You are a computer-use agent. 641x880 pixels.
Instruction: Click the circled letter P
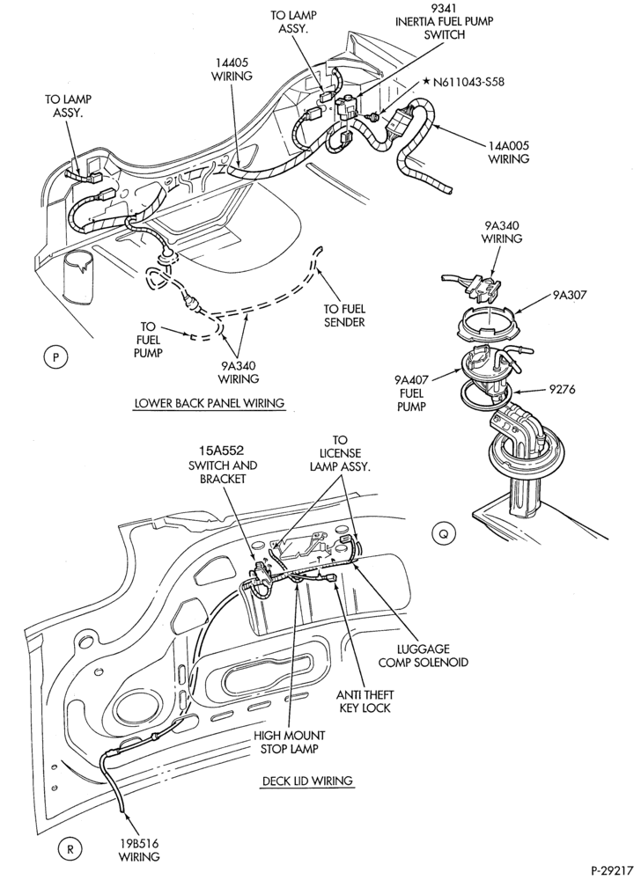pyautogui.click(x=55, y=357)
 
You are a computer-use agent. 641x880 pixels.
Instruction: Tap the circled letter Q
pyautogui.click(x=443, y=534)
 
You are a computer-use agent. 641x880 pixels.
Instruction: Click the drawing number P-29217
pyautogui.click(x=612, y=870)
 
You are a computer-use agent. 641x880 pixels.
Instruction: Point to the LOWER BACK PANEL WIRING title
pyautogui.click(x=210, y=403)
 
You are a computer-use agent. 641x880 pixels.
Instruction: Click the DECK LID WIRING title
pyautogui.click(x=307, y=780)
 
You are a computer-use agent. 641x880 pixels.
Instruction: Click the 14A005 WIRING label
pyautogui.click(x=508, y=152)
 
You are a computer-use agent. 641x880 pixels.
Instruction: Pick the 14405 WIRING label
pyautogui.click(x=232, y=69)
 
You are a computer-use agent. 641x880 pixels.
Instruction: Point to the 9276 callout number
pyautogui.click(x=561, y=388)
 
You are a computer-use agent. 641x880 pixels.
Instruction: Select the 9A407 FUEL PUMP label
pyautogui.click(x=411, y=392)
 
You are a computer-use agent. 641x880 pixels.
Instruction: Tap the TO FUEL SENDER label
pyautogui.click(x=344, y=315)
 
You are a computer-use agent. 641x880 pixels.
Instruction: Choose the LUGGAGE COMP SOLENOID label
pyautogui.click(x=423, y=656)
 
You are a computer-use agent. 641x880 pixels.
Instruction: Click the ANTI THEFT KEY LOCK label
pyautogui.click(x=365, y=701)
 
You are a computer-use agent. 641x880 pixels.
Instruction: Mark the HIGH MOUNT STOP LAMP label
pyautogui.click(x=289, y=742)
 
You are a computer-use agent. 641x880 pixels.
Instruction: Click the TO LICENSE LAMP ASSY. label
pyautogui.click(x=340, y=453)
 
